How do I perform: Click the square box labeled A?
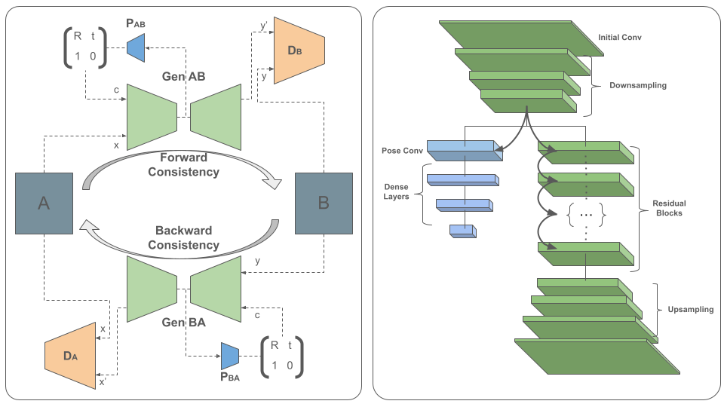pos(44,203)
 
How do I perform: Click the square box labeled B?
pos(324,203)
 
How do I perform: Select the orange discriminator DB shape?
pos(299,50)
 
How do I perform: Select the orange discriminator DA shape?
pos(71,355)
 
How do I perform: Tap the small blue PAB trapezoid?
pos(136,47)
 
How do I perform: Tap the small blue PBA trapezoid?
pos(229,355)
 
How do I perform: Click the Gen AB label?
pos(183,77)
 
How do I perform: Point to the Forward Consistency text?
pos(183,164)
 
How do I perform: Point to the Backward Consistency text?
pos(183,237)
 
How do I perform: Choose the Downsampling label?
pos(638,85)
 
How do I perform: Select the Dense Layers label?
pos(396,191)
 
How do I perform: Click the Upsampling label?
pos(690,310)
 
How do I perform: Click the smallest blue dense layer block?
pos(461,231)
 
